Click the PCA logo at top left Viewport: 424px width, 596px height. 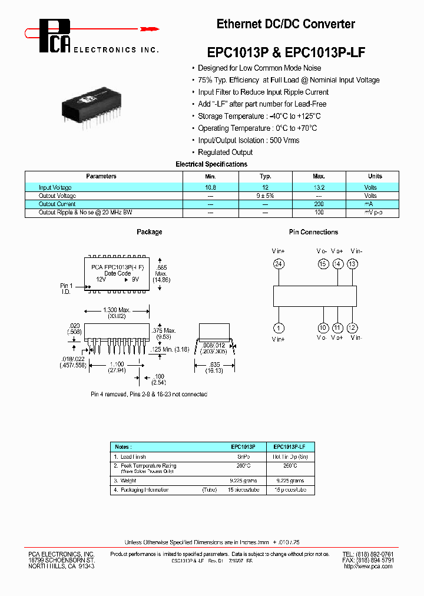55,35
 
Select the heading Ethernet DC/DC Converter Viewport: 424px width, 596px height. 286,24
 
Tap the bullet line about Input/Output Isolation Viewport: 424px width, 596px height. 249,140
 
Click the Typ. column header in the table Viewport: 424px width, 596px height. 266,176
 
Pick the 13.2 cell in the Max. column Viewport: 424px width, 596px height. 319,187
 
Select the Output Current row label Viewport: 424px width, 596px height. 57,204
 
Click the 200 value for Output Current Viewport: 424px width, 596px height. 319,204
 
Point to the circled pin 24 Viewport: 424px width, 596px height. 279,264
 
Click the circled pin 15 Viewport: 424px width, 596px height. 322,264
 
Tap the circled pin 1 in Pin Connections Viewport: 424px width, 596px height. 279,327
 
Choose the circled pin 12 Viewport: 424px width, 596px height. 353,327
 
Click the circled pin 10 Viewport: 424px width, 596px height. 323,327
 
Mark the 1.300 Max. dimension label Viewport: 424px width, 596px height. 117,310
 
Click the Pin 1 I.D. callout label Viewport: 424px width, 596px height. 67,289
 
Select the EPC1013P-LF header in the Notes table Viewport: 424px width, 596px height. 290,447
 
